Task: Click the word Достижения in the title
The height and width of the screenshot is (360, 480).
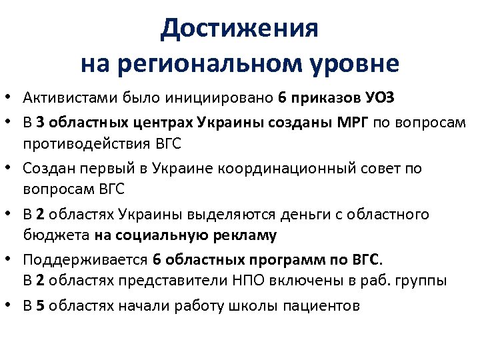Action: tap(240, 29)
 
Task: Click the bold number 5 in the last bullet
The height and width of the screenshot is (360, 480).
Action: tap(41, 306)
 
